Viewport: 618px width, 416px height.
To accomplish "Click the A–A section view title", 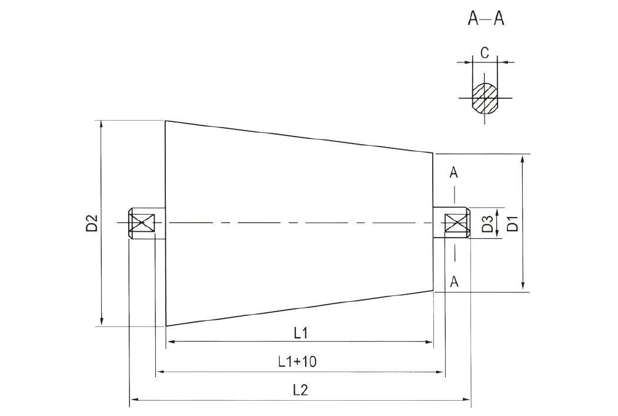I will pos(486,19).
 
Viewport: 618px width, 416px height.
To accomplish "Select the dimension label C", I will pos(484,53).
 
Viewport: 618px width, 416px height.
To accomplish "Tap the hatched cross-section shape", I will pos(485,97).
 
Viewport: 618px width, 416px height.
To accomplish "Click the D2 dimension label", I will pos(91,224).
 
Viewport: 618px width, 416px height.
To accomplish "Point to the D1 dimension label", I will pos(512,224).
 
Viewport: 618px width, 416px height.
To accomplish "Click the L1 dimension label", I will pos(300,332).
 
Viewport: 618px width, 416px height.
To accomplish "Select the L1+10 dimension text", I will pos(298,361).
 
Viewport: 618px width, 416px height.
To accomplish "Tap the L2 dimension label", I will pos(300,390).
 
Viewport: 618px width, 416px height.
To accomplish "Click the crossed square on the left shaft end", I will pos(142,224).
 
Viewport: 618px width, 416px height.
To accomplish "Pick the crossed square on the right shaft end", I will pos(456,224).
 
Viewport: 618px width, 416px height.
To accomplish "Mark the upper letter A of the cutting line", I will pos(454,172).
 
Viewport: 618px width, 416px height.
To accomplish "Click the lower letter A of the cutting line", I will pos(454,281).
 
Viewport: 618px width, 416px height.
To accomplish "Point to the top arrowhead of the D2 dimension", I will pos(102,124).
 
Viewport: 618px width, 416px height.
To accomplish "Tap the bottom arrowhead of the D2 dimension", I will pos(102,322).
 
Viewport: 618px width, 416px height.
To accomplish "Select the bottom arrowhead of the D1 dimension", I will pos(522,287).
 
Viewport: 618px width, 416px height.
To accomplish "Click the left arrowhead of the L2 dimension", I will pos(133,400).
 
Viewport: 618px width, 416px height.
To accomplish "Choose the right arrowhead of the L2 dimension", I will pos(467,400).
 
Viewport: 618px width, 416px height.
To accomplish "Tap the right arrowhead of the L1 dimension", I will pos(429,341).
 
